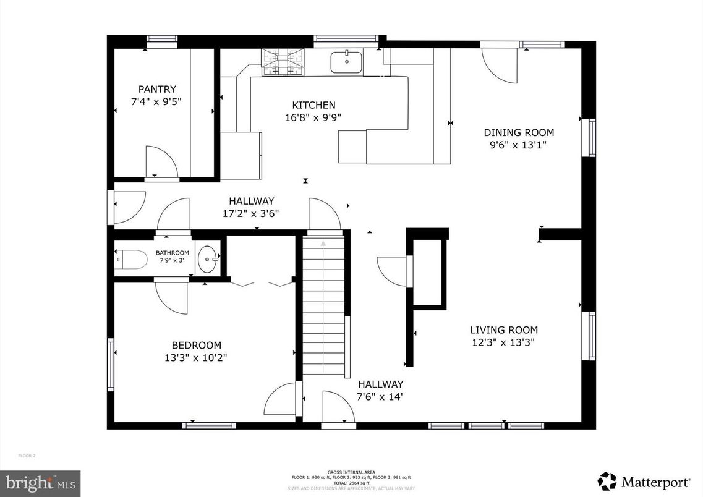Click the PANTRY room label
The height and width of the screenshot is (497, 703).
[x=157, y=89]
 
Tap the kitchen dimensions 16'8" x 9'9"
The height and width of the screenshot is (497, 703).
[x=313, y=117]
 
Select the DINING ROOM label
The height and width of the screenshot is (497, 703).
[x=519, y=132]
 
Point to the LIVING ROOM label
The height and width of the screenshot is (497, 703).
[x=503, y=330]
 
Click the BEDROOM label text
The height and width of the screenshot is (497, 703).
[x=196, y=345]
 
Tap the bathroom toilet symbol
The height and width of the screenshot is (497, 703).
[x=132, y=260]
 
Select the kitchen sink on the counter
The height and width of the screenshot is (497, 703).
[x=346, y=62]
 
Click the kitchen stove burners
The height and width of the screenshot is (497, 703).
[x=283, y=62]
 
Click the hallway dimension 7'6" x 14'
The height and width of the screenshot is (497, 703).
[x=380, y=396]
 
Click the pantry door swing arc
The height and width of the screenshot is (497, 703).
[x=161, y=162]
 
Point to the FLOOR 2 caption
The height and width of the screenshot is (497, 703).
[x=27, y=456]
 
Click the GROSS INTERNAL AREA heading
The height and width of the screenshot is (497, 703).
[x=351, y=472]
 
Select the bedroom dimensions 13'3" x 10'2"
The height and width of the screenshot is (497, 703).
[x=196, y=357]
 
